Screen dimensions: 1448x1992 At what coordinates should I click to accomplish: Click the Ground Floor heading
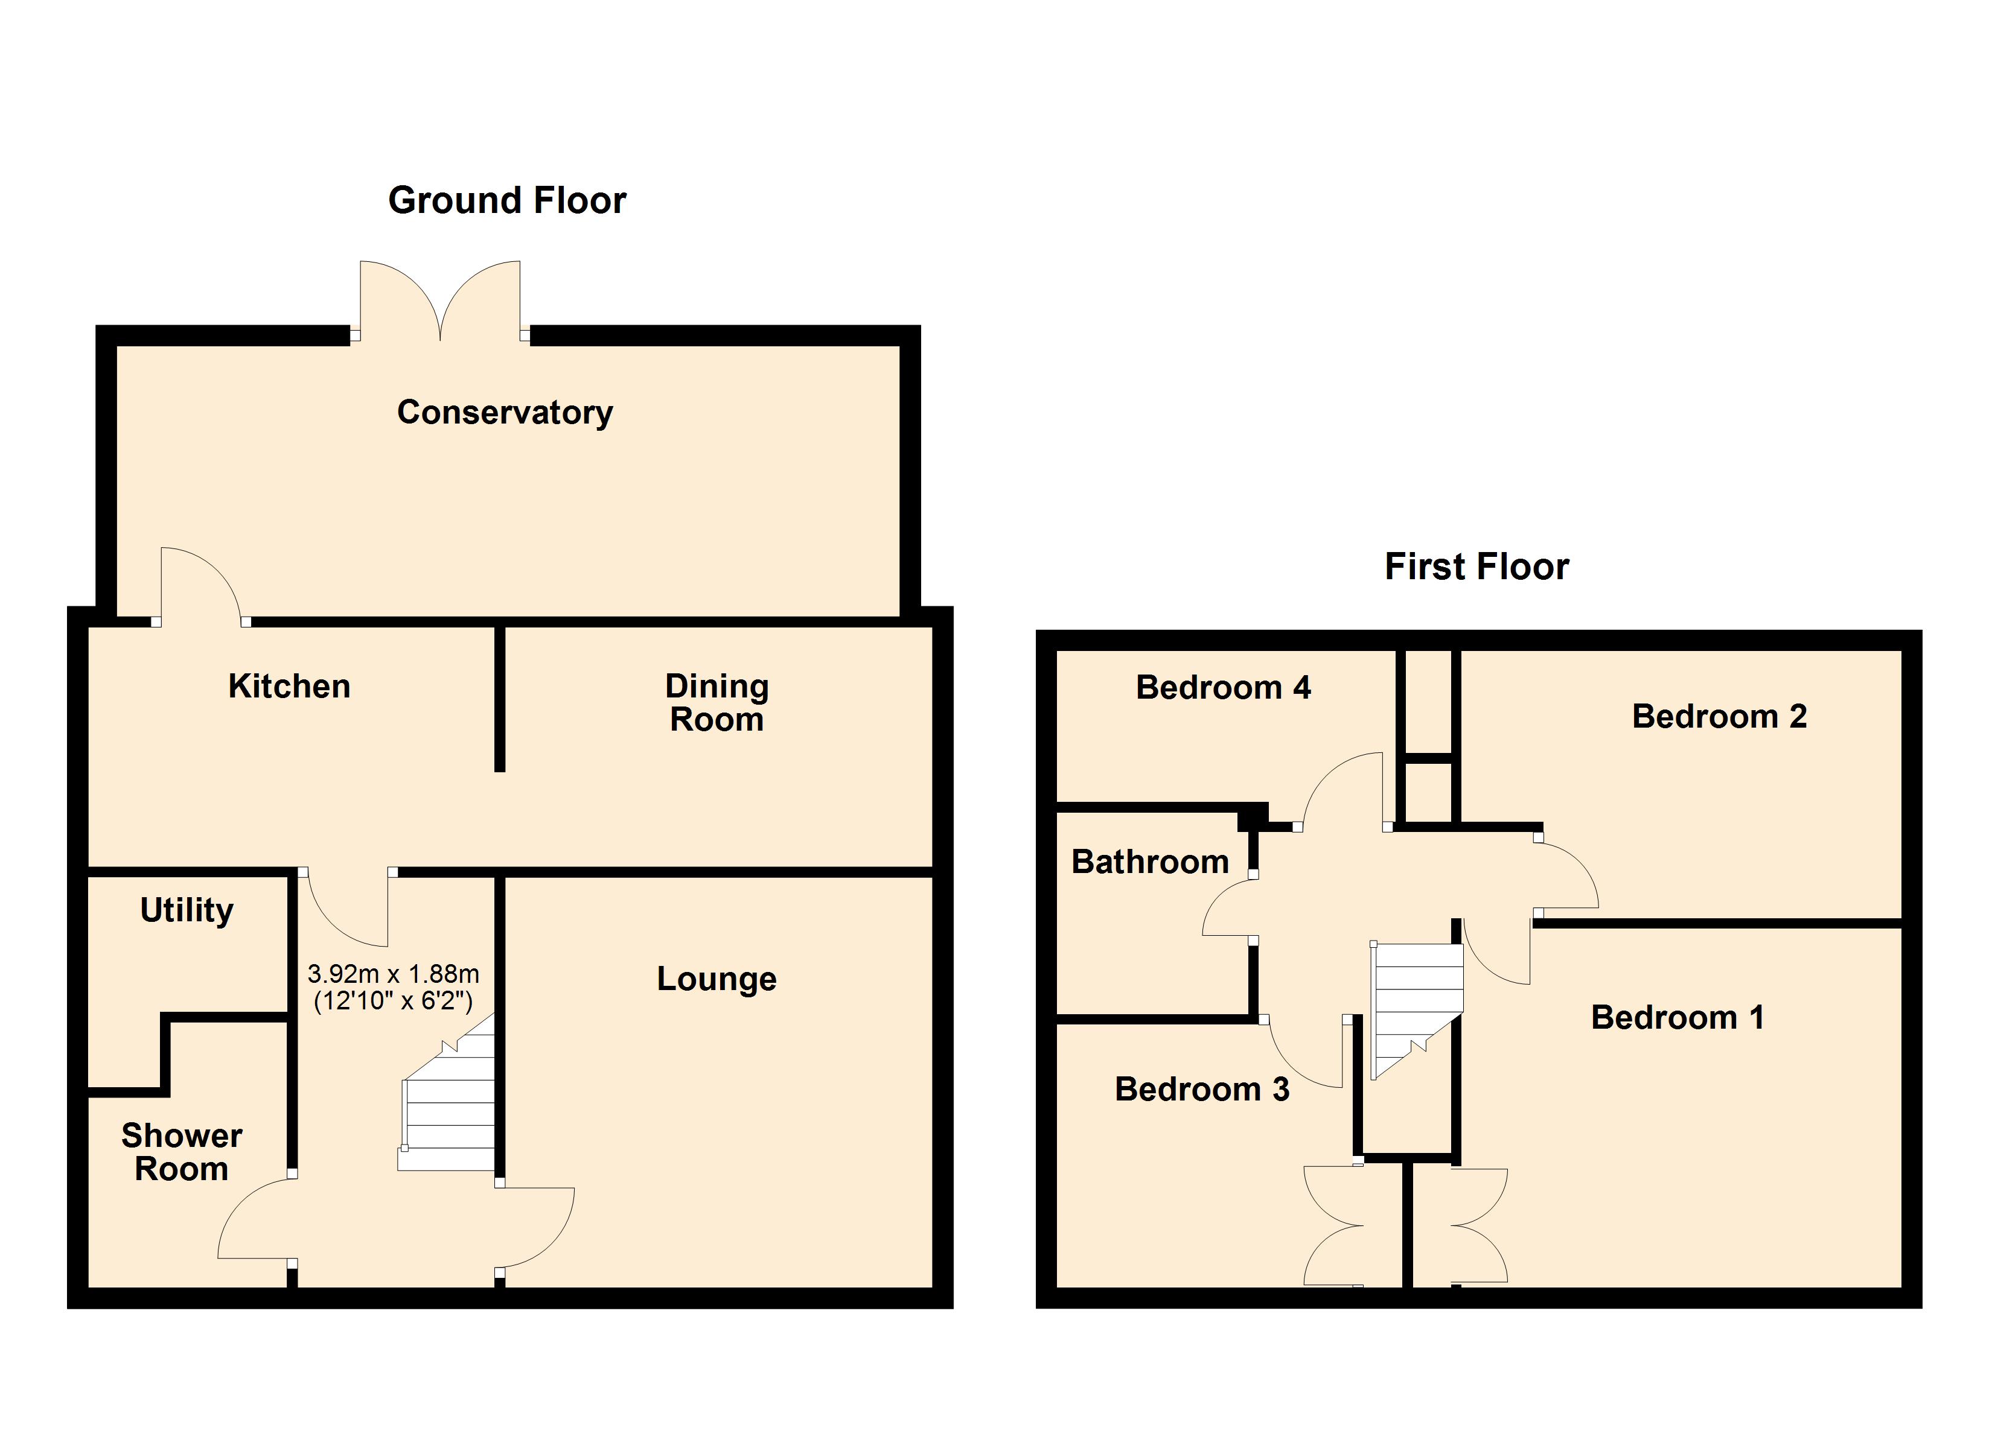click(x=507, y=201)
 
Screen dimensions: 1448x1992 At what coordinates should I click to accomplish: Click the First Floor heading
click(x=1476, y=567)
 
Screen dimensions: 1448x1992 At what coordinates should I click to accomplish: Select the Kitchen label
click(x=289, y=687)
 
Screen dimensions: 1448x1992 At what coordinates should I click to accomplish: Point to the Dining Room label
click(x=717, y=703)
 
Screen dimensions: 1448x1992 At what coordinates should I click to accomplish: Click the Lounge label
click(x=717, y=979)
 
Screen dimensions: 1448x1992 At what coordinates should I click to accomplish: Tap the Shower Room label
click(x=181, y=1153)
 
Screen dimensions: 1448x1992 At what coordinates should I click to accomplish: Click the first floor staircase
click(x=1416, y=1005)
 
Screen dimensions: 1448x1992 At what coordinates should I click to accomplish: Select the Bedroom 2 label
click(x=1719, y=717)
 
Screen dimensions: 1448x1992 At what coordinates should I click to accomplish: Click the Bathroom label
click(x=1150, y=862)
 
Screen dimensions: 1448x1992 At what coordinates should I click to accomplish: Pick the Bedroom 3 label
click(x=1201, y=1090)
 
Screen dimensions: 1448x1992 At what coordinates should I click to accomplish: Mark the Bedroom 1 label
click(x=1678, y=1018)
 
